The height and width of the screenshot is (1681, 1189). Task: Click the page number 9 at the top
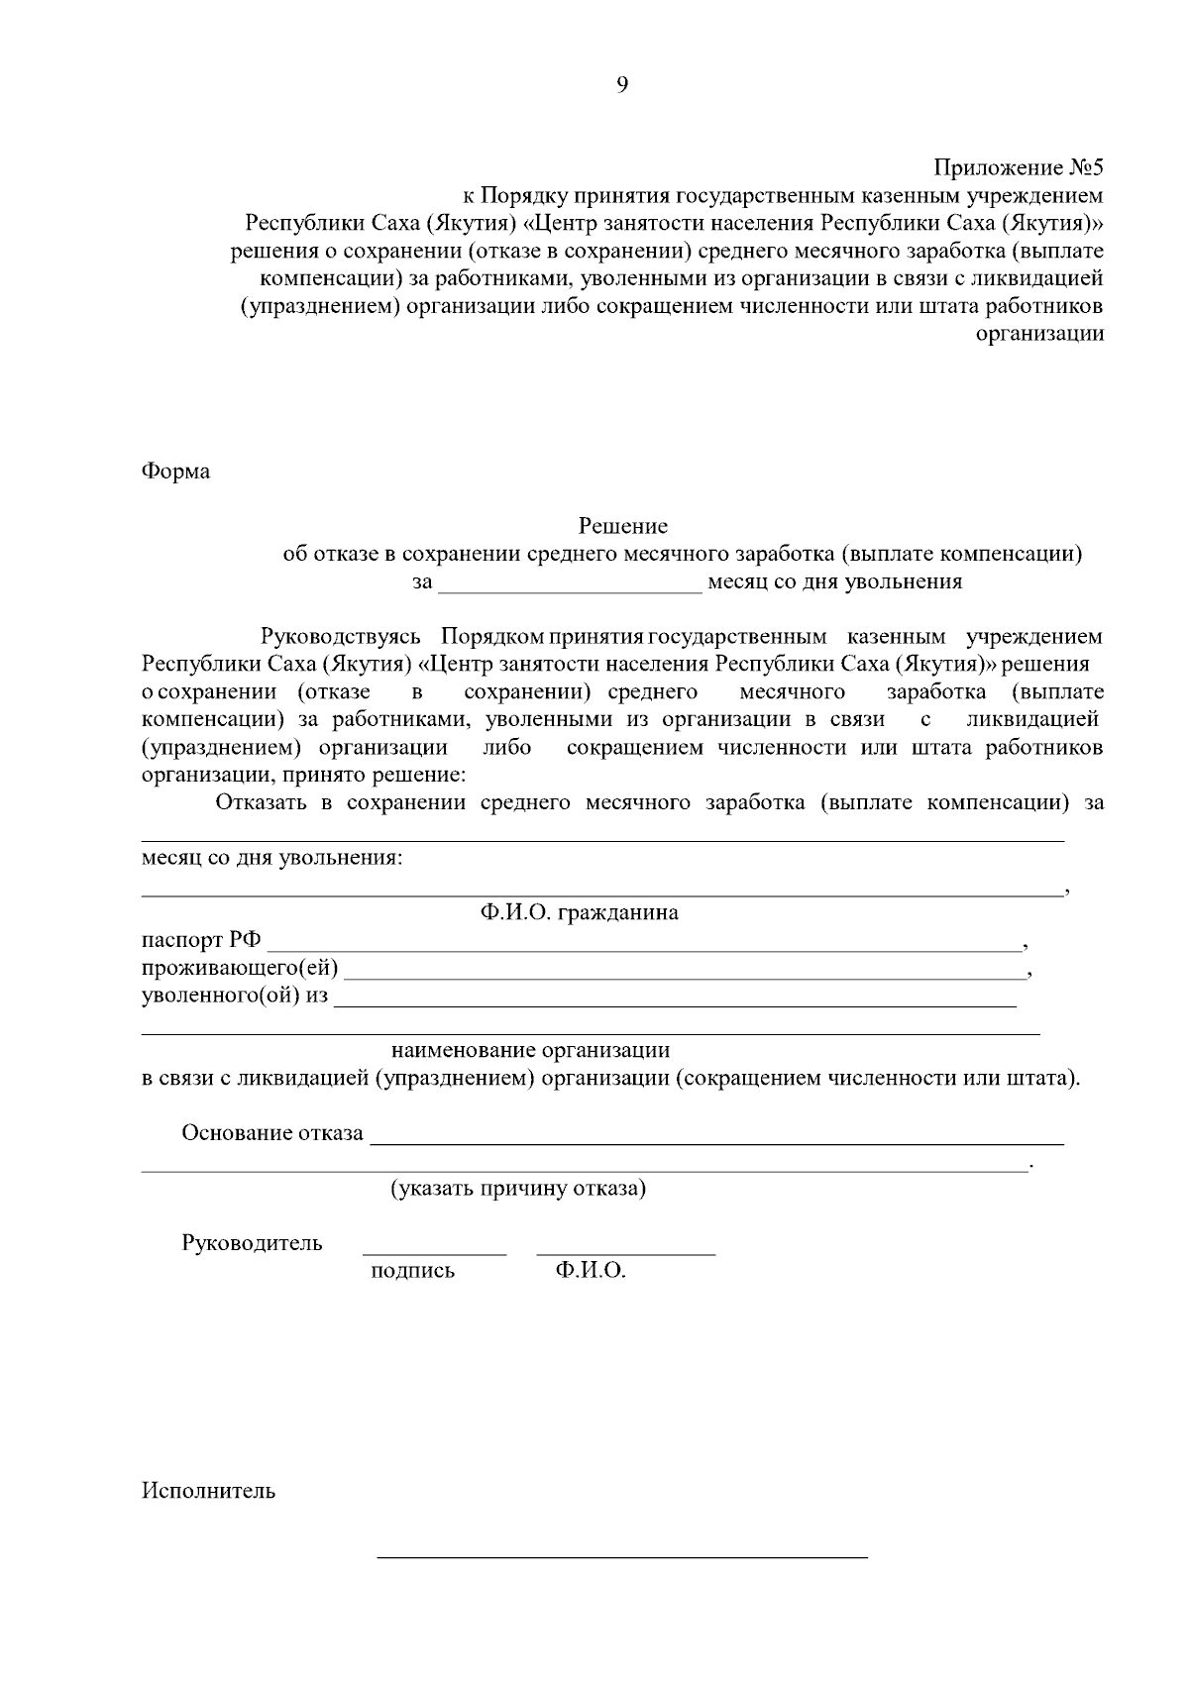tap(621, 85)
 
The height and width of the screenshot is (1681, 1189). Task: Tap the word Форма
tap(175, 472)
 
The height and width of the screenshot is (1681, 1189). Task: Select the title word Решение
tap(622, 526)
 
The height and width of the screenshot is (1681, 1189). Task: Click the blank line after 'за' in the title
tap(570, 588)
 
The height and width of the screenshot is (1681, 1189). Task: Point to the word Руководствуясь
tap(341, 636)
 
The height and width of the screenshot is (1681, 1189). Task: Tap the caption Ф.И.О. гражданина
tap(580, 913)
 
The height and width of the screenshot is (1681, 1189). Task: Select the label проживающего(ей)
tap(239, 968)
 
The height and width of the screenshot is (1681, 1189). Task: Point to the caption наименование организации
tap(530, 1050)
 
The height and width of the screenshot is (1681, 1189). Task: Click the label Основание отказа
tap(271, 1133)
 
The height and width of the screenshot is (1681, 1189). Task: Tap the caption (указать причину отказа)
tap(517, 1189)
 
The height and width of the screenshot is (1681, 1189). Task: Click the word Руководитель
tap(252, 1243)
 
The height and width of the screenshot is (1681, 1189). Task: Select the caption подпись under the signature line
tap(412, 1271)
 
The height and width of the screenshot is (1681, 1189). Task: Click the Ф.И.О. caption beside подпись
tap(591, 1271)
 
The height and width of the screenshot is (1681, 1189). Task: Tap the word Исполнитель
tap(208, 1491)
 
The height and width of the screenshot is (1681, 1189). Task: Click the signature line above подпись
tap(434, 1254)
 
